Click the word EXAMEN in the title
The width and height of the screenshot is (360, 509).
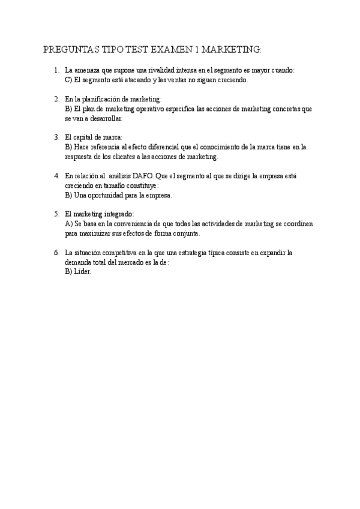168,49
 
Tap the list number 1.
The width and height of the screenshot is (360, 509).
56,70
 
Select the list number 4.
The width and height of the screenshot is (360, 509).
56,176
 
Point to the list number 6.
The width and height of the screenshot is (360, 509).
56,253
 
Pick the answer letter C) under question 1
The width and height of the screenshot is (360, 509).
68,80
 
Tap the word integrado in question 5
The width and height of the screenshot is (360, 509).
118,214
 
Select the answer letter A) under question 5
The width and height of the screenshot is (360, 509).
68,224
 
